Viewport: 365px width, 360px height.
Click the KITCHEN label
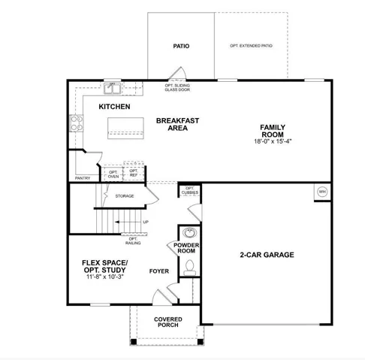coord(115,107)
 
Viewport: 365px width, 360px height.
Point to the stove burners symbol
coord(76,124)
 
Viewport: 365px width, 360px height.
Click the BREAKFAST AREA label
coord(172,124)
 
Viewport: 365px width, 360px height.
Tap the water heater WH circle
coord(323,192)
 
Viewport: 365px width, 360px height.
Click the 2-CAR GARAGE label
coord(267,254)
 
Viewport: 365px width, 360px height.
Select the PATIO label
coord(181,46)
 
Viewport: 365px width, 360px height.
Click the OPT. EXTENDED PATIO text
coord(251,46)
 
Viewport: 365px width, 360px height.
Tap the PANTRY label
coord(82,177)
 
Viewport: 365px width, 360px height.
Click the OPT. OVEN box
coord(113,174)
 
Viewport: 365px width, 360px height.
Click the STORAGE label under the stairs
coord(125,196)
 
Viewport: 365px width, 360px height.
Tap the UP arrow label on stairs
coord(145,222)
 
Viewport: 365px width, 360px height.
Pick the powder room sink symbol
coord(189,233)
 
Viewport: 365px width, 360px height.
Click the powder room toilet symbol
coord(190,266)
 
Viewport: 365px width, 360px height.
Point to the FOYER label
coord(159,271)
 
